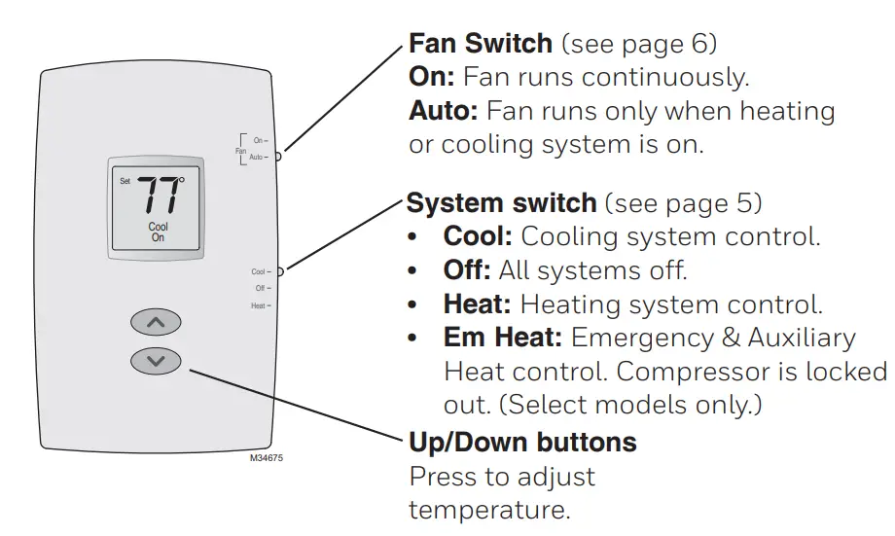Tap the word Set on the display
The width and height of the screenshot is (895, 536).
pos(125,182)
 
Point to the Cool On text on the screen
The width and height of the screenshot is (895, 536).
pos(158,232)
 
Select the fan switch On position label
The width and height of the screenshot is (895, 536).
pos(259,141)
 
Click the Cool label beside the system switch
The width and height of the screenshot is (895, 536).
pos(258,272)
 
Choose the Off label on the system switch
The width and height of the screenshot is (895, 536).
pos(260,289)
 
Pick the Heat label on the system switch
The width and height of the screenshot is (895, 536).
pos(259,305)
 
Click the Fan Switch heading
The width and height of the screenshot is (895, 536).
pos(481,45)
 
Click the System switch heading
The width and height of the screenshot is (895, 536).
pos(501,203)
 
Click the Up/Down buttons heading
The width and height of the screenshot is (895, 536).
pos(522,443)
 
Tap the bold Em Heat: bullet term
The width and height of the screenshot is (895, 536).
pos(503,338)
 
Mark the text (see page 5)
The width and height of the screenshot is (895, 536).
pos(683,203)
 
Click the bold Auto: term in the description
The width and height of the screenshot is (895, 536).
pos(443,111)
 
